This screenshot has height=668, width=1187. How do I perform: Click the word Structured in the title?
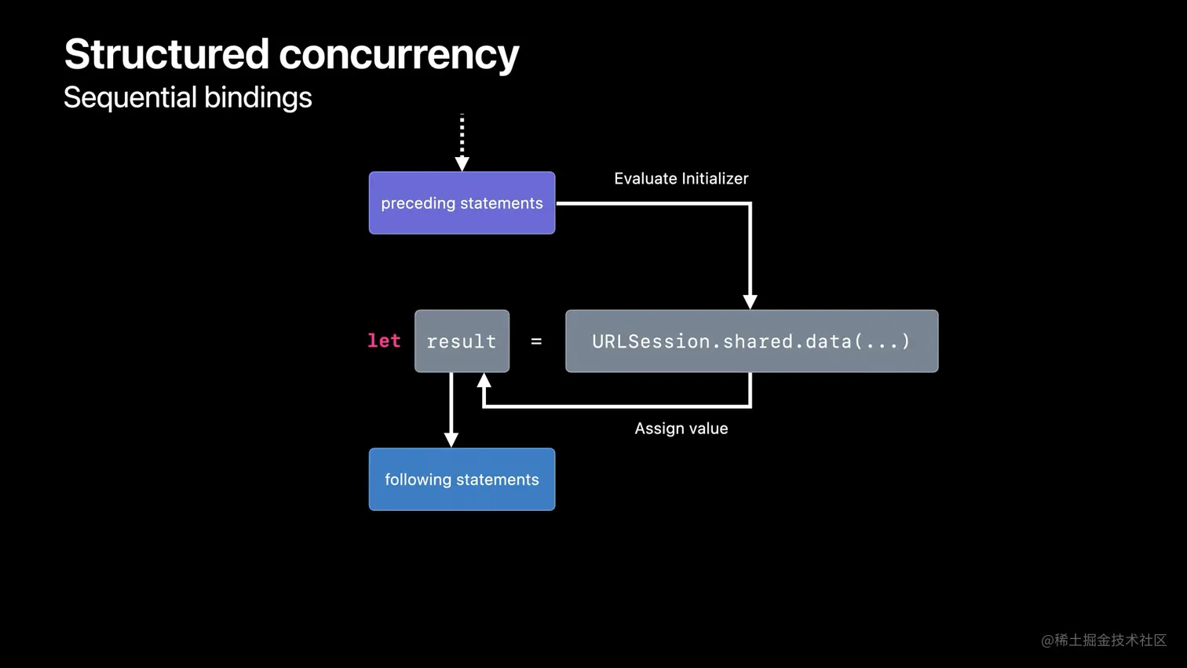pos(166,54)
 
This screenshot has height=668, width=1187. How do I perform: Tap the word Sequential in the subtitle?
pos(130,97)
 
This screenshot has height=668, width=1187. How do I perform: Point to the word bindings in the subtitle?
pos(257,98)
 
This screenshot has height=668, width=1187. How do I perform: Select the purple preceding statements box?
pos(462,203)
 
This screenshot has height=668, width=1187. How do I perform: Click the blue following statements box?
pos(462,480)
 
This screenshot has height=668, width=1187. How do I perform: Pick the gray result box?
pos(462,341)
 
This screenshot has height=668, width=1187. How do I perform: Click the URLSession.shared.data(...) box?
pos(751,341)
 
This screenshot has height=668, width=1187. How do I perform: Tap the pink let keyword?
pos(384,341)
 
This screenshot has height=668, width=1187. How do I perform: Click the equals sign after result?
pos(536,341)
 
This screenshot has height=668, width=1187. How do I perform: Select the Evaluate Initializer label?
pos(681,179)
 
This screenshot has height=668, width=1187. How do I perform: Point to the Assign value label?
pos(681,429)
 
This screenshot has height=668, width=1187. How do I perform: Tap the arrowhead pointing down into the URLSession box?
pos(750,302)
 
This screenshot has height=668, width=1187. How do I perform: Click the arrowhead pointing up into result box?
pos(484,381)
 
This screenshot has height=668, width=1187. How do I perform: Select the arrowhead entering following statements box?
pos(451,440)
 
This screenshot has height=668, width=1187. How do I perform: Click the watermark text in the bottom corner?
pos(1103,641)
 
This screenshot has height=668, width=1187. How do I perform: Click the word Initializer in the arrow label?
pos(714,179)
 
